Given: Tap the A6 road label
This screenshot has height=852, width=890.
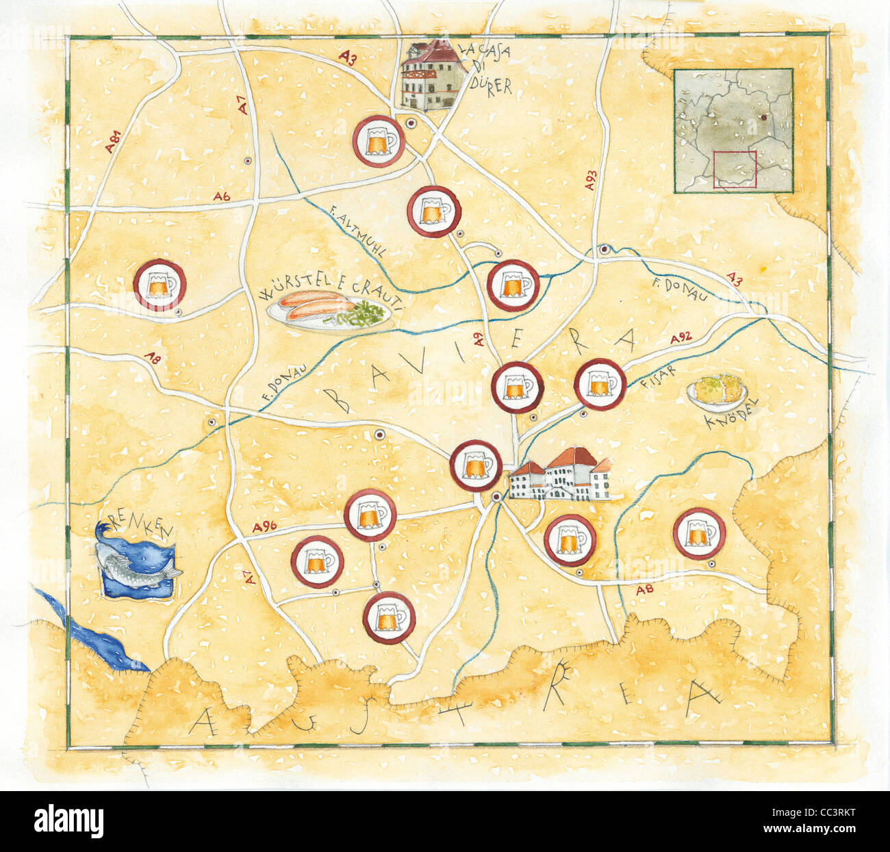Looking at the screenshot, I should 221,197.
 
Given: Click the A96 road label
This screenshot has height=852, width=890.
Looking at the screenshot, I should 264,527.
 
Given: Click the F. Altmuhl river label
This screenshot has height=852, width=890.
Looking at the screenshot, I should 357,233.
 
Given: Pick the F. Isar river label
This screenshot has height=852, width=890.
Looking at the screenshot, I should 658,376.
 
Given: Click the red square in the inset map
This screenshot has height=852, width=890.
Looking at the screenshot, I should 735,169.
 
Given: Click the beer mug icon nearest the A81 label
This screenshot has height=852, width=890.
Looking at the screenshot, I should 159,285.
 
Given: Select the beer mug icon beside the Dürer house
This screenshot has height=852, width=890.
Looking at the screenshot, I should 378,140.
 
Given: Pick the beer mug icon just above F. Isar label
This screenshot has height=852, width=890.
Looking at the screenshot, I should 600,384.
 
